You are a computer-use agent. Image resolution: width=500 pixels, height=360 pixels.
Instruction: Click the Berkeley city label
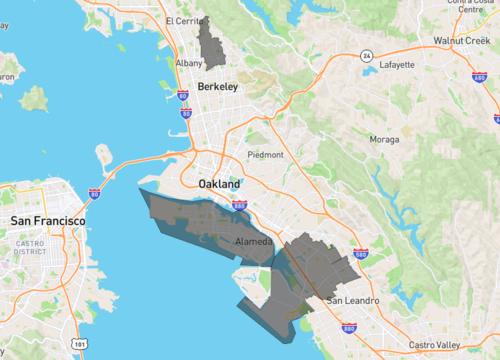tap(218, 87)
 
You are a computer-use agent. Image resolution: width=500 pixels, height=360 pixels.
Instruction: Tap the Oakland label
tap(219, 185)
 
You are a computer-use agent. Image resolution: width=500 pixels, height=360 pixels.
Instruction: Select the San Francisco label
tap(48, 219)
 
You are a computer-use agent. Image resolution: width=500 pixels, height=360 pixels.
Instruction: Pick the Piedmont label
tap(265, 155)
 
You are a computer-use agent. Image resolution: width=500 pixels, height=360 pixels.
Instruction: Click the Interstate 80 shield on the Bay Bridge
tap(94, 193)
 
